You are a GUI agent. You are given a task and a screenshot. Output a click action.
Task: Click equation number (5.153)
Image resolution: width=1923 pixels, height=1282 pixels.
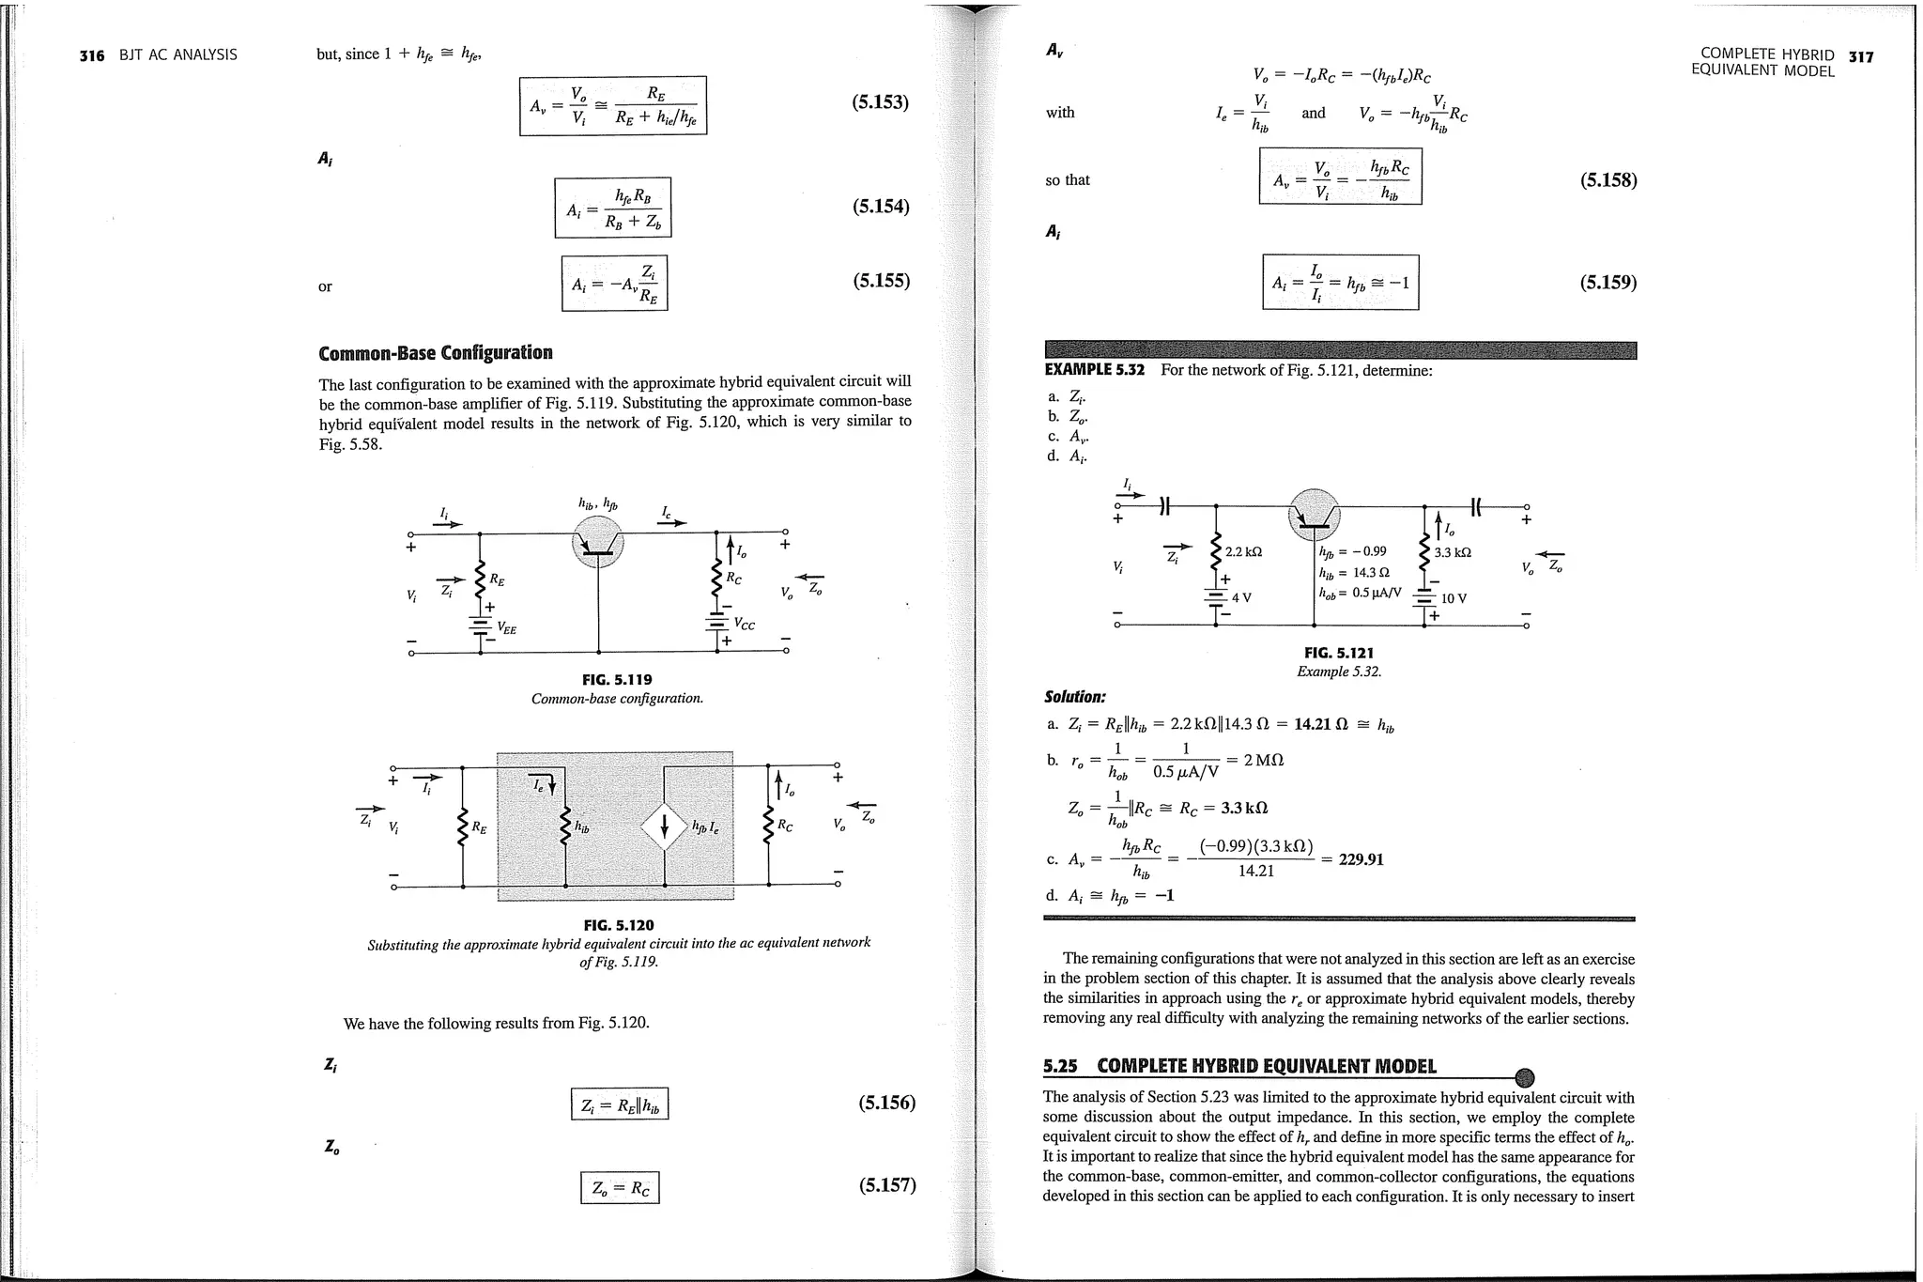coord(880,102)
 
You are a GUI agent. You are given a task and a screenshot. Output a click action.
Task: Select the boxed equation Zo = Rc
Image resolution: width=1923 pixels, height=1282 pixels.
coord(620,1188)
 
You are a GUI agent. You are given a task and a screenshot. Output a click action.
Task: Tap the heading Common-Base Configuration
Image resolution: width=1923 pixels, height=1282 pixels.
coord(435,353)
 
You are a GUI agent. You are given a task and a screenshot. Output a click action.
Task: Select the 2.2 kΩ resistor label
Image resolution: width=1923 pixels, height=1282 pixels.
coord(1243,552)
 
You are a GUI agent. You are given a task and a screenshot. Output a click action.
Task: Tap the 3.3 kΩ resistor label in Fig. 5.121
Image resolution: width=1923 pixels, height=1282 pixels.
coord(1453,552)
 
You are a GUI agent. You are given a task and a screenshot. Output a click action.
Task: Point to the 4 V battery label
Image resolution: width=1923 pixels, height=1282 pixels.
coord(1241,596)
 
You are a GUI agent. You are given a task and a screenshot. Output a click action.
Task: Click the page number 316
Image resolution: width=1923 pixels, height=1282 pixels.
coord(91,55)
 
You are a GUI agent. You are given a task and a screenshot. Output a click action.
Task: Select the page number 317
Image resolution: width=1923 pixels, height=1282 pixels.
coord(1860,56)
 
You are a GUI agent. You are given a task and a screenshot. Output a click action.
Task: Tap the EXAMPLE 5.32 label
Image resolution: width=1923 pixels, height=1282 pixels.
coord(1094,370)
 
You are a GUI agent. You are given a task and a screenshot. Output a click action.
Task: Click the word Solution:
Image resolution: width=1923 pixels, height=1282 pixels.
coord(1074,697)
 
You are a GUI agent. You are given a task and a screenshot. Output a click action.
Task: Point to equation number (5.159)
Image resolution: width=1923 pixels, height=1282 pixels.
coord(1608,282)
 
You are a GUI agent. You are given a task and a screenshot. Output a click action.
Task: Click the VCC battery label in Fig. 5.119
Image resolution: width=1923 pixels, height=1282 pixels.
coord(744,623)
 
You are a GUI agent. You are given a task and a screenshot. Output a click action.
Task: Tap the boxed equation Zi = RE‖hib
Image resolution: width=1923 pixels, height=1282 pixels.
coord(620,1104)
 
